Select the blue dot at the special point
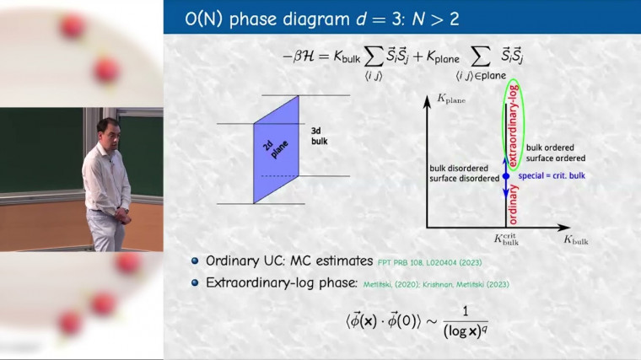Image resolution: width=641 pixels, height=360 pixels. click(x=505, y=176)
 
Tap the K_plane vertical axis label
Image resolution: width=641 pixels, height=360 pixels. click(x=451, y=99)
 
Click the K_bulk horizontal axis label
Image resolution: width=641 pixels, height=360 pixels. click(x=575, y=240)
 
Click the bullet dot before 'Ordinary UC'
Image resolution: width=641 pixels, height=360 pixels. click(x=195, y=261)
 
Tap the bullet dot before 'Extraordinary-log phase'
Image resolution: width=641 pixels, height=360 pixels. click(x=195, y=283)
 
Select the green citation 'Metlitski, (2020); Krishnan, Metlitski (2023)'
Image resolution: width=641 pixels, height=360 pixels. click(x=436, y=284)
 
